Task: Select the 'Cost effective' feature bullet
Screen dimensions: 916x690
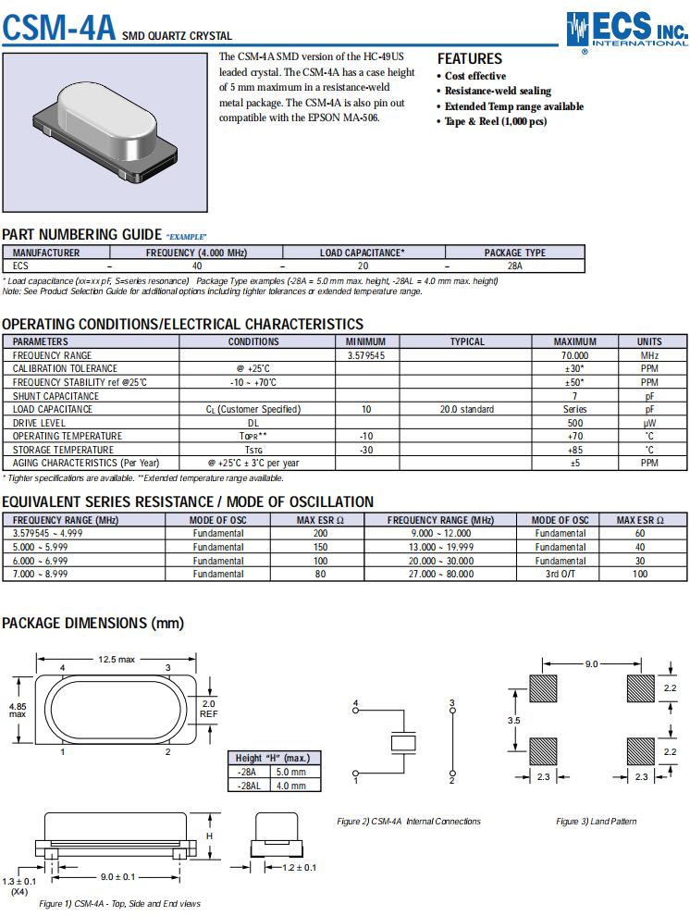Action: [x=474, y=76]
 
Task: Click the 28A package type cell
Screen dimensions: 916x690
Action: [x=515, y=266]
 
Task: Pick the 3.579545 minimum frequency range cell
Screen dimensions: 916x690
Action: [x=366, y=355]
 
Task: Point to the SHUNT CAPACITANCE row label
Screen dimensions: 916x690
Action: [x=55, y=396]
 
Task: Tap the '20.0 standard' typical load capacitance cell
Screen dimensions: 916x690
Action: [x=466, y=409]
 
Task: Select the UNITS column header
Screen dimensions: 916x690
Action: [x=649, y=341]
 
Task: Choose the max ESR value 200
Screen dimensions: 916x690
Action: [x=320, y=533]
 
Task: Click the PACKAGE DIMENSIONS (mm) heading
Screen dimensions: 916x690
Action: [x=92, y=624]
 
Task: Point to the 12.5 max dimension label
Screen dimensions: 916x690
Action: [x=117, y=659]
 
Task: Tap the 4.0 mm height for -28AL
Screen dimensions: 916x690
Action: [x=291, y=786]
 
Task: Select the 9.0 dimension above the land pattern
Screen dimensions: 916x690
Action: [x=592, y=663]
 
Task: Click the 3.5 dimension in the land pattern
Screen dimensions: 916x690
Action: [x=513, y=719]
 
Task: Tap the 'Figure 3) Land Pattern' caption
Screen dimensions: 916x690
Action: [x=596, y=821]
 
